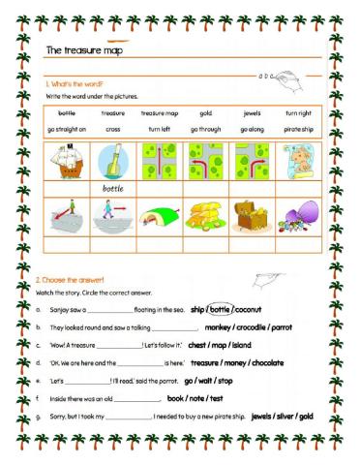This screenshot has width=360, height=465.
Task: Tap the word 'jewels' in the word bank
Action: (x=252, y=112)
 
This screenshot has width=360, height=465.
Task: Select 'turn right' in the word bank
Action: (x=297, y=112)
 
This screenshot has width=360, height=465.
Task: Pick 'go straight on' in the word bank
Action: (x=67, y=129)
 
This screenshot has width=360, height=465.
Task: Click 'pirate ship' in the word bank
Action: (x=297, y=129)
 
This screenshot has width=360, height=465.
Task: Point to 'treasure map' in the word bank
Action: (x=160, y=112)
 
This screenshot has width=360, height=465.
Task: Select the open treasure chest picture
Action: (x=252, y=213)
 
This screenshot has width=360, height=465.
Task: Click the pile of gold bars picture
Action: (x=205, y=214)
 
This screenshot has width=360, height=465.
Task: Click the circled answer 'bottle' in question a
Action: (x=222, y=310)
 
